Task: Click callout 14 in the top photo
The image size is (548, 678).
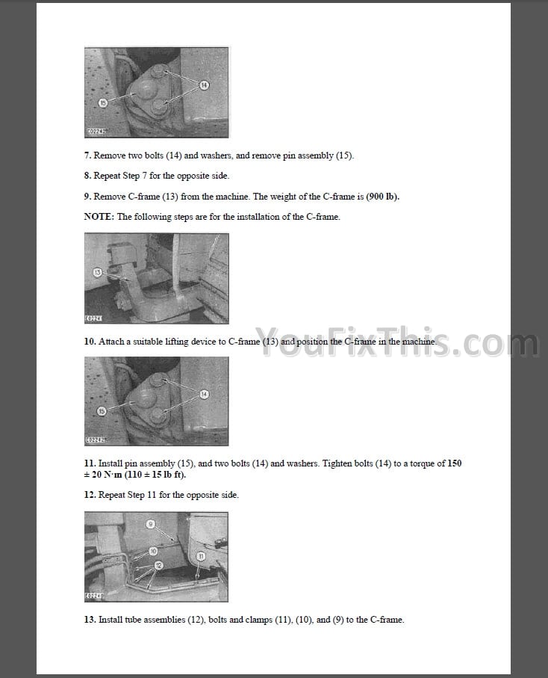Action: pyautogui.click(x=204, y=85)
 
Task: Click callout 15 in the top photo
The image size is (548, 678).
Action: pyautogui.click(x=103, y=102)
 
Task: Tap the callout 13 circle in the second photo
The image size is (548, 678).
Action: pyautogui.click(x=98, y=272)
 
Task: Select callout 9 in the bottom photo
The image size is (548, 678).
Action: pyautogui.click(x=150, y=524)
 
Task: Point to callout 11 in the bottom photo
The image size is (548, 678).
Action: pyautogui.click(x=201, y=556)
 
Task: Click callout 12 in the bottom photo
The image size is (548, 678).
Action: pyautogui.click(x=158, y=565)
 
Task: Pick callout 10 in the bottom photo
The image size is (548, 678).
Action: pyautogui.click(x=153, y=551)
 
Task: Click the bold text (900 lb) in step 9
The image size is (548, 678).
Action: pyautogui.click(x=382, y=197)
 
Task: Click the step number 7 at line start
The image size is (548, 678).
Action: pyautogui.click(x=87, y=155)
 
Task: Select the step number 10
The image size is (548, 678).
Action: pyautogui.click(x=90, y=342)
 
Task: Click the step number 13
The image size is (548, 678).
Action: pyautogui.click(x=90, y=620)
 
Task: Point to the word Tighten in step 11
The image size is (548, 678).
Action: pyautogui.click(x=338, y=463)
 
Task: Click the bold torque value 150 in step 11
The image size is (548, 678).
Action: pyautogui.click(x=454, y=463)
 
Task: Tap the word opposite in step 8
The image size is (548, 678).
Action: pyautogui.click(x=193, y=176)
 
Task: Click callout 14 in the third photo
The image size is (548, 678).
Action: pyautogui.click(x=204, y=394)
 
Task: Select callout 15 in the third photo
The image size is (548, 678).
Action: pyautogui.click(x=102, y=411)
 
